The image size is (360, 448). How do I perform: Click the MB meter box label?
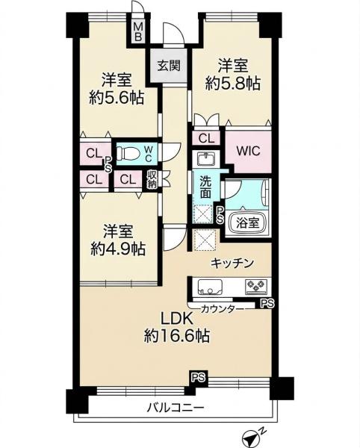point(138,31)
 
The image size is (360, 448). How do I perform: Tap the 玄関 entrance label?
point(169,66)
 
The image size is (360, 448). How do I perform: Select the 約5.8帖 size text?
point(233,84)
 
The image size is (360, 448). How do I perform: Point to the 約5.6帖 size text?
point(117,99)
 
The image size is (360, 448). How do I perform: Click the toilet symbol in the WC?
point(128,153)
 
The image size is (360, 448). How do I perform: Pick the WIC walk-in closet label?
point(248,151)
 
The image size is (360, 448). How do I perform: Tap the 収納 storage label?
point(152,180)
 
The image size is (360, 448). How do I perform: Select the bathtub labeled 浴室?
point(248,223)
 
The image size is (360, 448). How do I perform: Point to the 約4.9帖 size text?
point(118,249)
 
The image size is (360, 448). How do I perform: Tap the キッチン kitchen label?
point(232,263)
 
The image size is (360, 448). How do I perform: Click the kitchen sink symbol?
point(210,287)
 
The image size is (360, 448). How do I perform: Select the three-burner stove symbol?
point(256,287)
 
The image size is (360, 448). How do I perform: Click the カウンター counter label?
point(223,309)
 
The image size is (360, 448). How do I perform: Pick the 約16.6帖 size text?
point(177,336)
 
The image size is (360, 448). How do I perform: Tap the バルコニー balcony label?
point(176,408)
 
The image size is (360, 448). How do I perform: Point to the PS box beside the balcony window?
point(199,378)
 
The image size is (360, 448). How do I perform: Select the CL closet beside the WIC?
point(206,139)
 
